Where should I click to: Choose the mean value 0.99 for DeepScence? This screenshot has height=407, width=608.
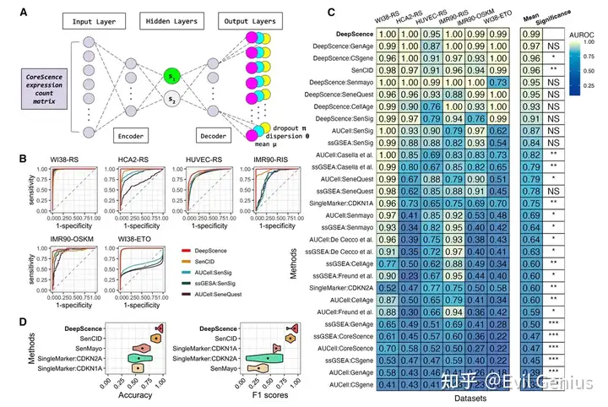531,34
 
